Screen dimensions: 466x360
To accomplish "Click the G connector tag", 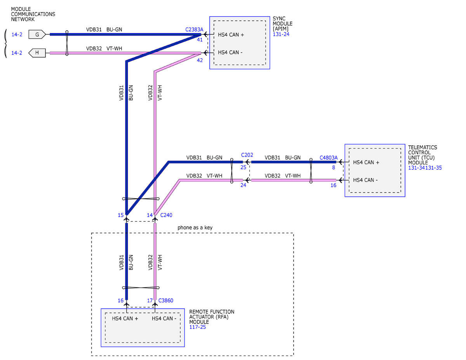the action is pyautogui.click(x=37, y=34).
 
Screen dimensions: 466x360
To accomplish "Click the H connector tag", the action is pyautogui.click(x=37, y=53).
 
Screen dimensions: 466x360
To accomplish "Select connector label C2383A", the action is pyautogui.click(x=194, y=30).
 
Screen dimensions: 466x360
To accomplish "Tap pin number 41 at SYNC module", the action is pyautogui.click(x=200, y=40).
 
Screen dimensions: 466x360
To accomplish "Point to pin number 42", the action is pyautogui.click(x=200, y=60).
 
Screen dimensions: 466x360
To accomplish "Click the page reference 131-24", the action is pyautogui.click(x=281, y=34).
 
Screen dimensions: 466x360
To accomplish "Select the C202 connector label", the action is pyautogui.click(x=247, y=155).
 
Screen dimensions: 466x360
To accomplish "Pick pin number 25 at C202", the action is pyautogui.click(x=243, y=167).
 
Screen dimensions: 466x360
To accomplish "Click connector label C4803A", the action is pyautogui.click(x=329, y=158).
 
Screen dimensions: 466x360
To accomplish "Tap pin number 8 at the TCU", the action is pyautogui.click(x=334, y=167).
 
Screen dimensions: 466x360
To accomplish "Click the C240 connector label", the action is pyautogui.click(x=166, y=215).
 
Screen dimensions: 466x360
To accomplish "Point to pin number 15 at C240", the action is pyautogui.click(x=121, y=215).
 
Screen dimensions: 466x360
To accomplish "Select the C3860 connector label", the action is pyautogui.click(x=165, y=301).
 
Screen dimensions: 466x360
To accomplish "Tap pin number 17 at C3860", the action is pyautogui.click(x=150, y=301).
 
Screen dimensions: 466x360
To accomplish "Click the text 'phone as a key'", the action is pyautogui.click(x=195, y=228).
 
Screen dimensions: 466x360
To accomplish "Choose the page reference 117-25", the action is pyautogui.click(x=198, y=327).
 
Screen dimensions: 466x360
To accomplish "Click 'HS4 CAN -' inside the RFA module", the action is pyautogui.click(x=164, y=318).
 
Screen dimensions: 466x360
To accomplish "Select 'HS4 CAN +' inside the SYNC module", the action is pyautogui.click(x=231, y=35).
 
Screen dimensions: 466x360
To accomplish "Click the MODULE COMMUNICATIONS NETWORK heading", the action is pyautogui.click(x=33, y=14).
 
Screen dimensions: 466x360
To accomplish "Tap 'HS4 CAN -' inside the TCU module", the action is pyautogui.click(x=365, y=180).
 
